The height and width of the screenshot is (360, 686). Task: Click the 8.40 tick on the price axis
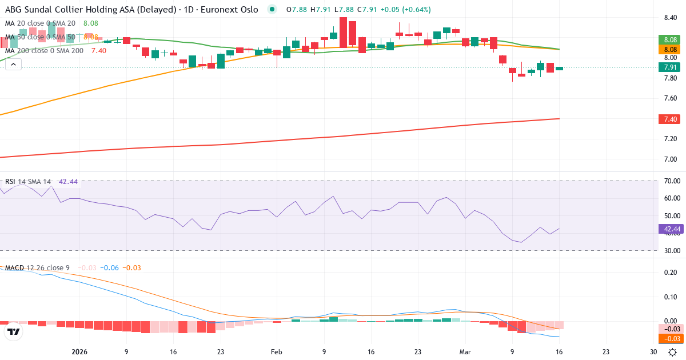tap(671, 18)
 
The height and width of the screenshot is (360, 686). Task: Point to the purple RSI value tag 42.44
tap(671, 229)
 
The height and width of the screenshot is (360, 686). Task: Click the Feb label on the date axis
tap(277, 352)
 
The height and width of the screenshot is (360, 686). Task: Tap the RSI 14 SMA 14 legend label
tap(29, 182)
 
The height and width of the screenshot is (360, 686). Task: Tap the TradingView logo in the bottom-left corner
tap(14, 332)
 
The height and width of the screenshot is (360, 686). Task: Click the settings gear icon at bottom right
tap(673, 352)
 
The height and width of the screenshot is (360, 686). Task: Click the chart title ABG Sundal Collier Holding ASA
tap(74, 10)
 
